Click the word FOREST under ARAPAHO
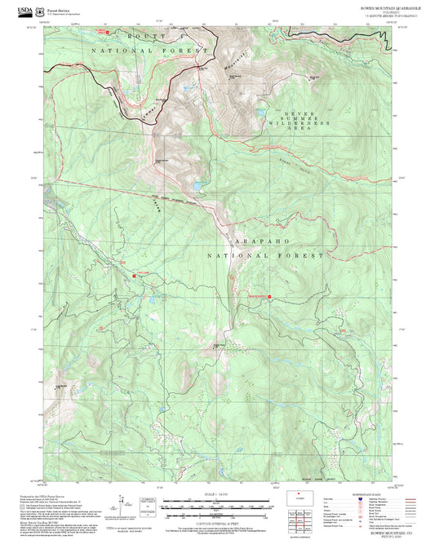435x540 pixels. [306, 255]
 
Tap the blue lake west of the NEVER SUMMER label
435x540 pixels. [261, 113]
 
